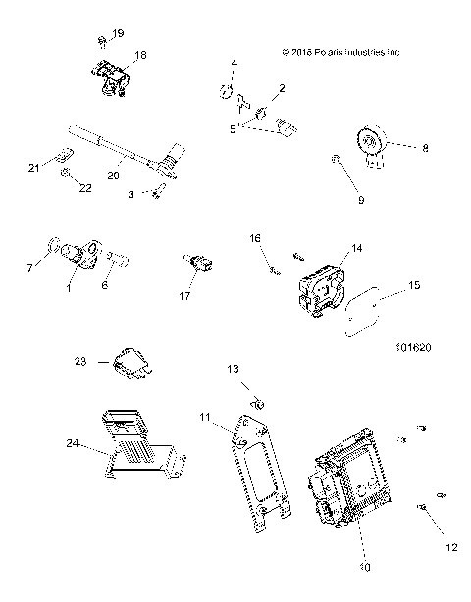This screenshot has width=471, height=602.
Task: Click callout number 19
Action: (x=118, y=34)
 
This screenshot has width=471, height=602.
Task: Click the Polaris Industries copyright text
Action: (x=340, y=52)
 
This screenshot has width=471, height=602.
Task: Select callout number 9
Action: (x=360, y=200)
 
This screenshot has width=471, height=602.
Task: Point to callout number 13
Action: (x=234, y=369)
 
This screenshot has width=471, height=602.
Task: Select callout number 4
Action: (x=234, y=64)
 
